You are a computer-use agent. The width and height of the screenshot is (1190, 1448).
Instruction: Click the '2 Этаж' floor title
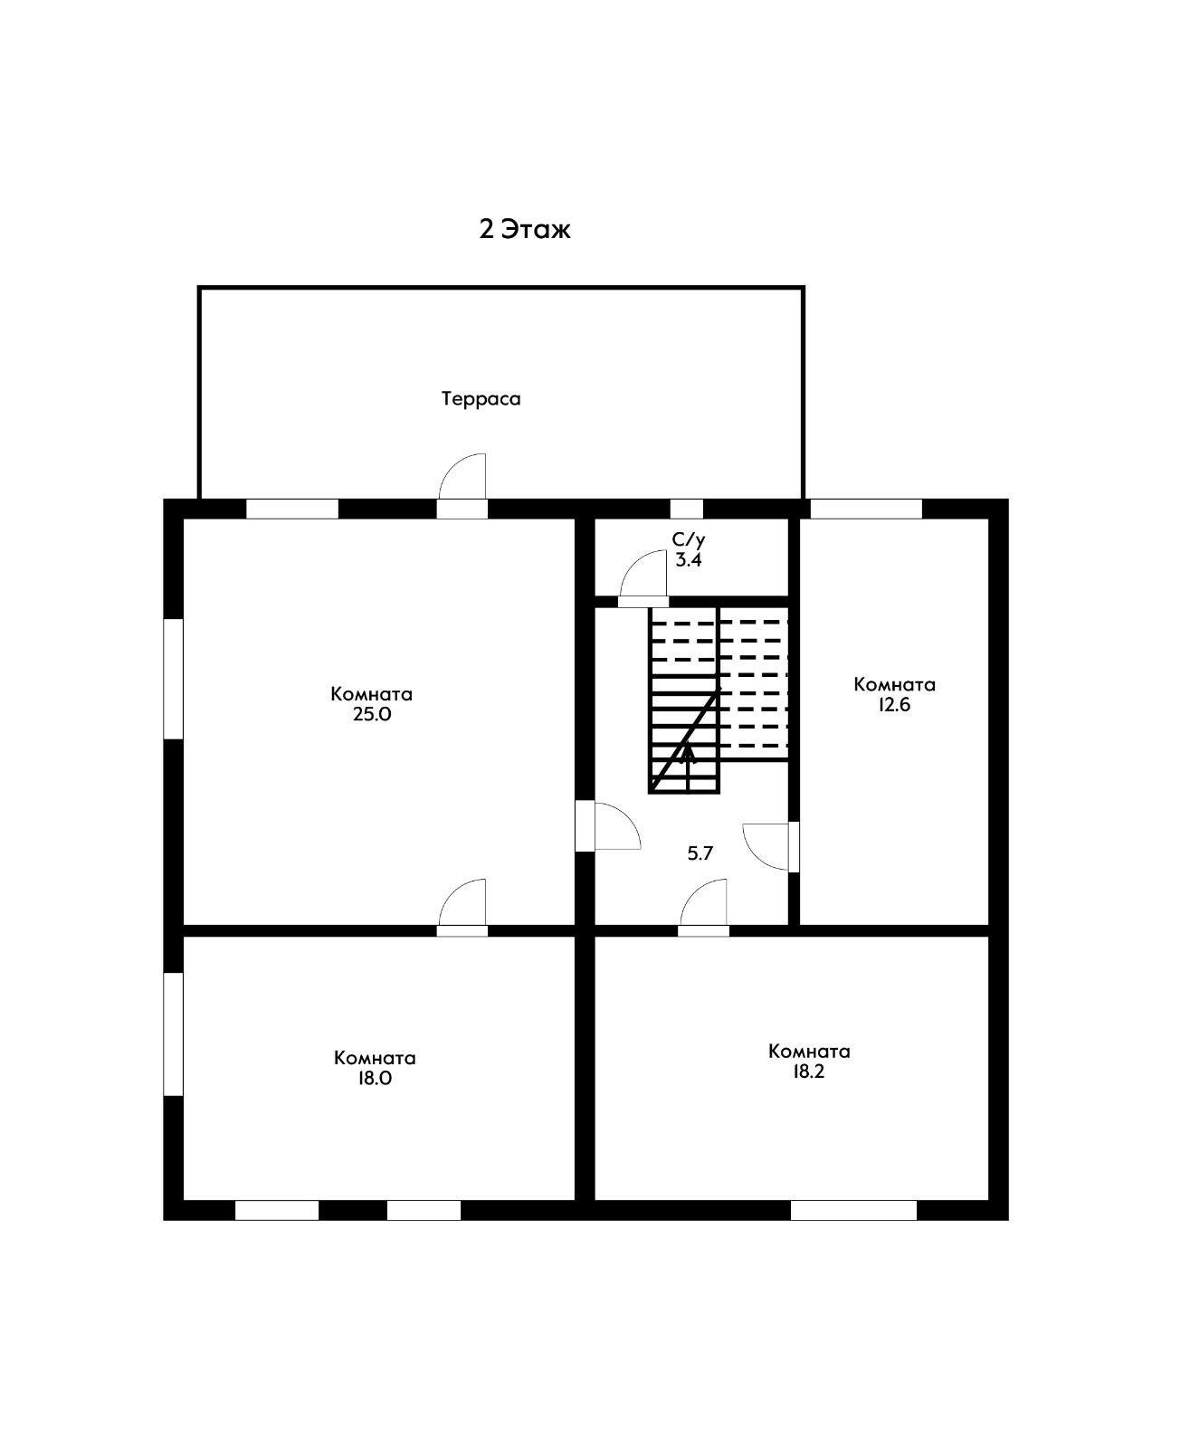pos(525,229)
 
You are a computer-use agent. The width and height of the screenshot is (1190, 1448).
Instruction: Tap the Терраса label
pos(481,399)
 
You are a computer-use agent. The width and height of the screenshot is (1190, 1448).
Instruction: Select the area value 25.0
pos(372,714)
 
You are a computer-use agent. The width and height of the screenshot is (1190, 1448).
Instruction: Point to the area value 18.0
pos(375,1078)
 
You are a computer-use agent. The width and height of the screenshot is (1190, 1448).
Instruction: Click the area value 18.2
pos(809,1071)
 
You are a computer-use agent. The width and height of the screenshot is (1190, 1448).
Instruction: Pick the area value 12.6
pos(894,704)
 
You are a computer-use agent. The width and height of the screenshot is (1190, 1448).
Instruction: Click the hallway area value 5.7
pos(700,853)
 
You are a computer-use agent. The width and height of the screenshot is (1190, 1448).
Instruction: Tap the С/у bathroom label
pos(688,539)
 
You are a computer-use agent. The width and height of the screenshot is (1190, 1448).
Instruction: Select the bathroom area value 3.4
pos(688,559)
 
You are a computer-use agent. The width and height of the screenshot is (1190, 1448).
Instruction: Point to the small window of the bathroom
pos(687,509)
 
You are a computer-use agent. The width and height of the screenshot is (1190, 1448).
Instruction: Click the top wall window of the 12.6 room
pos(866,509)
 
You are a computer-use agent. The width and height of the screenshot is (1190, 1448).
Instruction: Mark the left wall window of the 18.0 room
pos(173,1034)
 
